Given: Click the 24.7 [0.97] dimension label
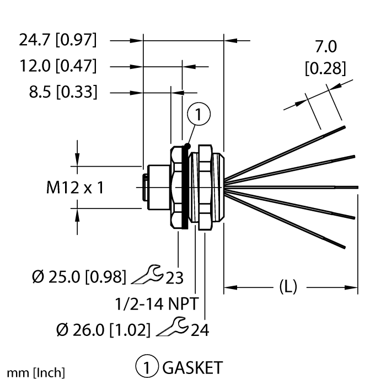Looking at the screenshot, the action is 58,40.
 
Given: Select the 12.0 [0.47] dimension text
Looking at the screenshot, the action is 58,66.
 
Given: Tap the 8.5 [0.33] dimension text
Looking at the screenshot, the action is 63,92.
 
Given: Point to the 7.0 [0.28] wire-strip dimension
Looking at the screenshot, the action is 325,57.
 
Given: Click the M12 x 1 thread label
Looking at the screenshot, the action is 75,188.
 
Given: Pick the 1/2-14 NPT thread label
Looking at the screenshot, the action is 157,304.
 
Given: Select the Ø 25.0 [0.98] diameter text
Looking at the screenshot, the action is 79,277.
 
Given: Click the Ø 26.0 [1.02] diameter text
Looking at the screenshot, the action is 103,330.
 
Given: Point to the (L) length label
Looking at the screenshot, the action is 288,287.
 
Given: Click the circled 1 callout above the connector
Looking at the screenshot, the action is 199,114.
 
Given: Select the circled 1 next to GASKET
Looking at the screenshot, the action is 147,367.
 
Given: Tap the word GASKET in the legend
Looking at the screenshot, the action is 192,368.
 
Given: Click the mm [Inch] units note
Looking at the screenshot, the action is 36,373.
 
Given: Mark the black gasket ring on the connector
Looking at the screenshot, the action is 185,188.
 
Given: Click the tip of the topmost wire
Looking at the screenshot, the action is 345,127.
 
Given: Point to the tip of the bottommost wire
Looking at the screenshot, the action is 345,247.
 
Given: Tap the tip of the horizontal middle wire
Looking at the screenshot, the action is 358,188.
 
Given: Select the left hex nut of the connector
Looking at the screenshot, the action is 176,188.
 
